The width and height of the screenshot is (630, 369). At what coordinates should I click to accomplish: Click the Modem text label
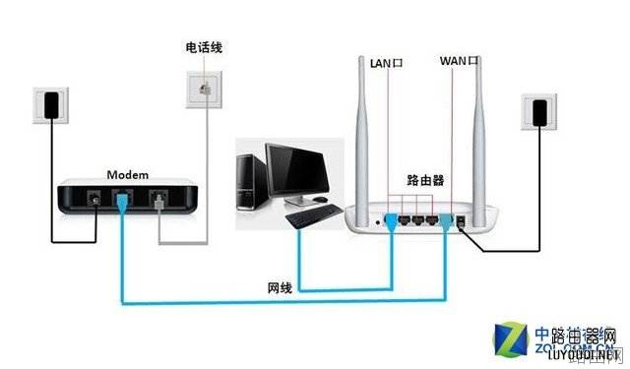128,174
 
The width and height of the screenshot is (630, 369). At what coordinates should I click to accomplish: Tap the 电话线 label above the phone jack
204,48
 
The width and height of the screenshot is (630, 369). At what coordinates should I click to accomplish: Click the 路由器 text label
426,181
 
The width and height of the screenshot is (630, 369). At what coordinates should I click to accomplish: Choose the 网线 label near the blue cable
280,287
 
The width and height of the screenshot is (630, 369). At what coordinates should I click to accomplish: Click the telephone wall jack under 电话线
204,88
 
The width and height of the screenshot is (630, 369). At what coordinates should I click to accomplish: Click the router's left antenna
362,138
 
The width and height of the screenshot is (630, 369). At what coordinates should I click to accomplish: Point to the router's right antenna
483,138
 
